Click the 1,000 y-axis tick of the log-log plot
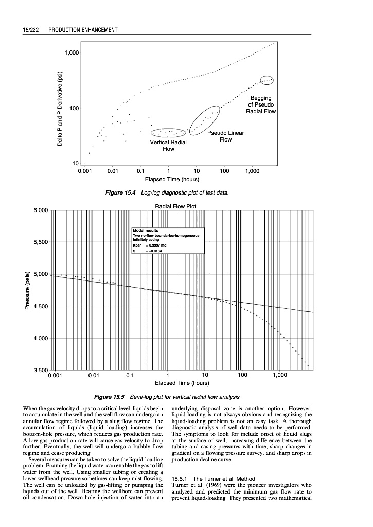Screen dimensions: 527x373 coord(72,53)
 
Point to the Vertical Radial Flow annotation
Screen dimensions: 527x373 coord(168,145)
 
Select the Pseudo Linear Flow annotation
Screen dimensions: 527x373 coord(225,136)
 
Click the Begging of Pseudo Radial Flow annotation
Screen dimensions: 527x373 coord(261,104)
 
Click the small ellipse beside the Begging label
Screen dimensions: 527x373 coord(268,80)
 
